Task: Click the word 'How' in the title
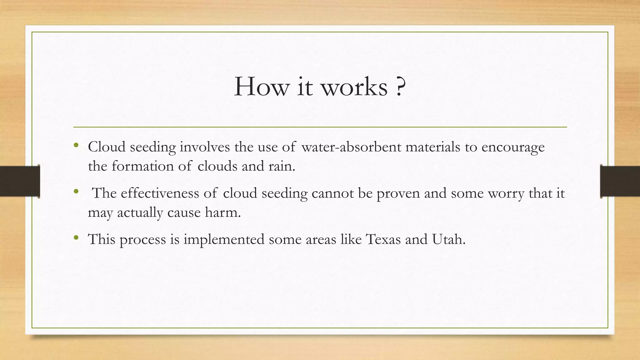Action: (261, 87)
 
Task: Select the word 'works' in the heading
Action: (354, 87)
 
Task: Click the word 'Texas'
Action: (383, 239)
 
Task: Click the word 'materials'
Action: (433, 147)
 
